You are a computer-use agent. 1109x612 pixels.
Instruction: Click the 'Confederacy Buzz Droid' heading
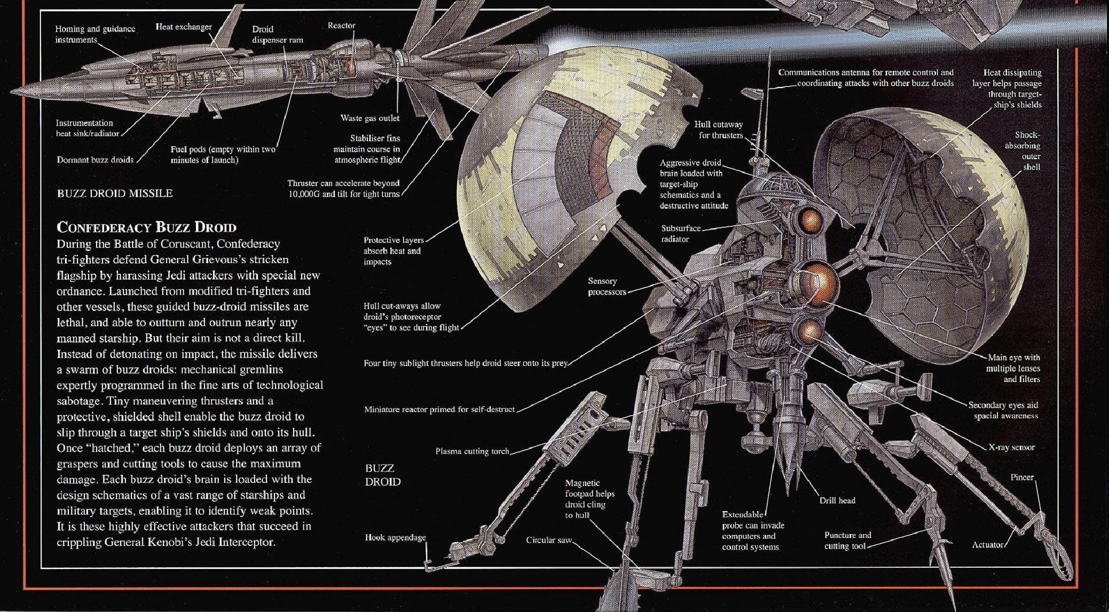point(146,227)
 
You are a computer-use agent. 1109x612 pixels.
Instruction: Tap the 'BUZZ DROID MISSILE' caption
point(115,193)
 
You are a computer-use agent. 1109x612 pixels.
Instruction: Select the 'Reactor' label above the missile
point(341,26)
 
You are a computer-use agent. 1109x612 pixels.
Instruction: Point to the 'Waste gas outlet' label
point(369,118)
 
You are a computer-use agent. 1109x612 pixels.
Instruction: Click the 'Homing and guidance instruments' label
point(95,34)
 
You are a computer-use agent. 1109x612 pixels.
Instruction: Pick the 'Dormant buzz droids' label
point(95,160)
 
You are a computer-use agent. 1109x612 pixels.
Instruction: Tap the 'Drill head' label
point(837,500)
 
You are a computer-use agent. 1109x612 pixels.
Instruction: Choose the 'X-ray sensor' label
point(1011,447)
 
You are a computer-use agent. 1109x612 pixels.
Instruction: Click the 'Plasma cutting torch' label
point(472,451)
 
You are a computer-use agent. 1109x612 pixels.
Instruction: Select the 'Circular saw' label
point(548,540)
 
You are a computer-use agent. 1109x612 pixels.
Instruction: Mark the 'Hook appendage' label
point(395,537)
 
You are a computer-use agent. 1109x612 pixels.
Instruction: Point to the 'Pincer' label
point(1021,477)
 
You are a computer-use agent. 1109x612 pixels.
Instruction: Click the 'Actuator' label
point(987,545)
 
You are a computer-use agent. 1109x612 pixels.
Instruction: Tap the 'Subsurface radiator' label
point(680,234)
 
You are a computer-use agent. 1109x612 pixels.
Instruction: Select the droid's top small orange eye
point(811,220)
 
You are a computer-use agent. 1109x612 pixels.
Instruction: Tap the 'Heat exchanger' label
point(183,27)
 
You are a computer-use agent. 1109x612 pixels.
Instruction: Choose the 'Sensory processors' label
point(606,286)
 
